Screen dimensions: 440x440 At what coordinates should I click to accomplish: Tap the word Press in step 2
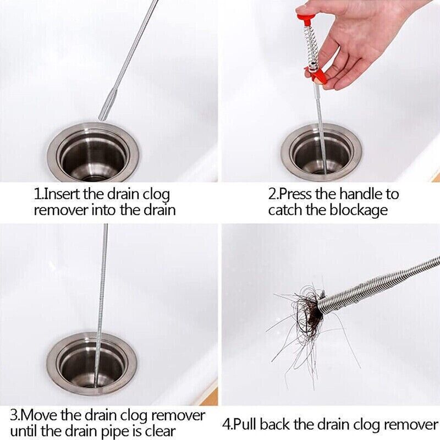click(294, 194)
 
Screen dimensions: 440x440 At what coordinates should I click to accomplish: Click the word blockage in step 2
click(359, 211)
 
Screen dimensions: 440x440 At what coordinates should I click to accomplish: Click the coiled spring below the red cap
click(311, 46)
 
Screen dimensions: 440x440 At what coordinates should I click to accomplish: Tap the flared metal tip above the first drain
click(107, 105)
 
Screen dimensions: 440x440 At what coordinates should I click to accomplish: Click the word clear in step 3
click(160, 432)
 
